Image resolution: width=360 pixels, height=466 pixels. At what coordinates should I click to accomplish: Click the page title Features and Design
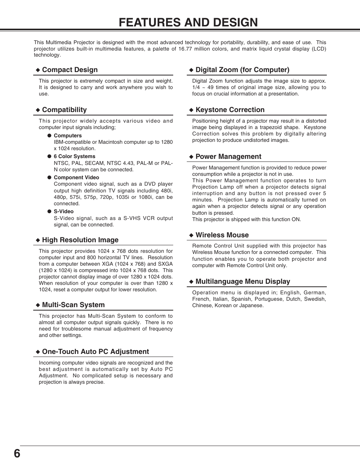pyautogui.click(x=188, y=23)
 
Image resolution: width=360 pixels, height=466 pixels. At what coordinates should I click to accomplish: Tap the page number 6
pyautogui.click(x=17, y=453)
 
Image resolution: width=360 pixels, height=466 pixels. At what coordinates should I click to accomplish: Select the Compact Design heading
pyautogui.click(x=70, y=70)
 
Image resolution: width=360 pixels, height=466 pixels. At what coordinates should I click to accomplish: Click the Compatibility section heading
pyautogui.click(x=64, y=110)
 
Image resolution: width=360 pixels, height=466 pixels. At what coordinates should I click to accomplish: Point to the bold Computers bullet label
pyautogui.click(x=68, y=135)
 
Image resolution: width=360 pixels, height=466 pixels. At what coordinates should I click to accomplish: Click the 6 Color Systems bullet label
pyautogui.click(x=74, y=156)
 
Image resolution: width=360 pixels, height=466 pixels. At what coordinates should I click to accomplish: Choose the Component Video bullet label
pyautogui.click(x=76, y=177)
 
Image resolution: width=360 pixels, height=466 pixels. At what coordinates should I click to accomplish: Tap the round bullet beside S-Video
pyautogui.click(x=49, y=211)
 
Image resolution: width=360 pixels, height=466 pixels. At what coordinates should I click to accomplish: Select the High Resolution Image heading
pyautogui.click(x=80, y=240)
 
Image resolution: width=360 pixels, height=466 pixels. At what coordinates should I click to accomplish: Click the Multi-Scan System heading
pyautogui.click(x=73, y=305)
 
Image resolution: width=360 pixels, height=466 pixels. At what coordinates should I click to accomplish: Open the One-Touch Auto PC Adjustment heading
pyautogui.click(x=95, y=352)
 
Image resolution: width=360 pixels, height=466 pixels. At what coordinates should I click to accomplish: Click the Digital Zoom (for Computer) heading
pyautogui.click(x=242, y=70)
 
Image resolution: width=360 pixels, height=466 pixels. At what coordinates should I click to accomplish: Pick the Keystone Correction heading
pyautogui.click(x=230, y=110)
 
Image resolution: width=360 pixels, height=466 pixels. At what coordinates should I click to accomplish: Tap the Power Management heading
pyautogui.click(x=228, y=157)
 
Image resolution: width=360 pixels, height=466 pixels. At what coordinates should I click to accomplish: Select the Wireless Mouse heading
pyautogui.click(x=222, y=235)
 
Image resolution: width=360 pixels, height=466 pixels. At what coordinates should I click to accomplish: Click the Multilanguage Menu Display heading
pyautogui.click(x=243, y=281)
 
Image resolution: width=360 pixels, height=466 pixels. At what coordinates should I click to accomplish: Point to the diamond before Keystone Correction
pyautogui.click(x=191, y=110)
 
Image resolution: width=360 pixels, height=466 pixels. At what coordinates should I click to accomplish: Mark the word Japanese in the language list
pyautogui.click(x=251, y=306)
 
